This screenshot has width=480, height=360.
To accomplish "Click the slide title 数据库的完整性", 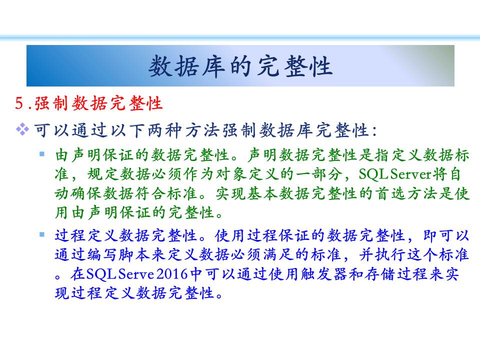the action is (x=240, y=66).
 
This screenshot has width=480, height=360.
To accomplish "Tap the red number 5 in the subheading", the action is (x=19, y=103).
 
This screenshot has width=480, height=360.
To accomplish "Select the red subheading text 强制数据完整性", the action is (x=98, y=103).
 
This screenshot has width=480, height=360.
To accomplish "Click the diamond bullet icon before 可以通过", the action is (x=22, y=129).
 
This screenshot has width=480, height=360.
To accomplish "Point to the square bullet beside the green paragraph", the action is (x=42, y=153).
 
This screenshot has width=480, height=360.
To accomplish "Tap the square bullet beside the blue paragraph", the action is (x=42, y=235).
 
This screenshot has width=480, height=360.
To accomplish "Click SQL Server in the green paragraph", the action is (x=395, y=174).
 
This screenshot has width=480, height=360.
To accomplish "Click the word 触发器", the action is (x=324, y=274).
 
